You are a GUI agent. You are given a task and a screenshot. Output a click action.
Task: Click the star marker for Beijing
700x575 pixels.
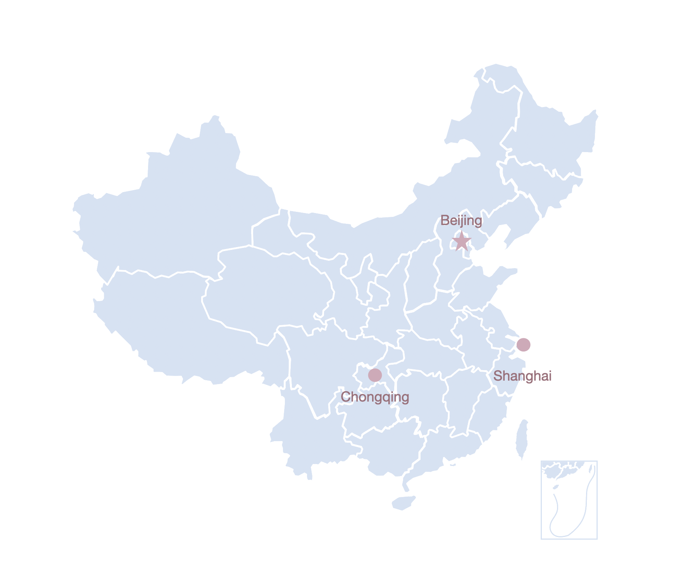(462, 242)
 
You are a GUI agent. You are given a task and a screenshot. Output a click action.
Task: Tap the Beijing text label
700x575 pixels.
(461, 221)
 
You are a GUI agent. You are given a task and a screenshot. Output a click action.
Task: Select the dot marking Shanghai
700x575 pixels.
(523, 345)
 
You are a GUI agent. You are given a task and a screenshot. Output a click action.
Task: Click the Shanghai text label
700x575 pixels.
(522, 376)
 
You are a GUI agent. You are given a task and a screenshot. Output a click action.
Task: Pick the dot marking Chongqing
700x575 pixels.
(375, 375)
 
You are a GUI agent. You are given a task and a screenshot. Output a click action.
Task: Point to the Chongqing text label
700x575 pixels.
(375, 397)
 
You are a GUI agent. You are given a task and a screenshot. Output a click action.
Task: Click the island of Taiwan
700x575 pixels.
(522, 438)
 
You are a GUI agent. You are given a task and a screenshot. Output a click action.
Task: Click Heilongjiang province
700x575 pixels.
(550, 136)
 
